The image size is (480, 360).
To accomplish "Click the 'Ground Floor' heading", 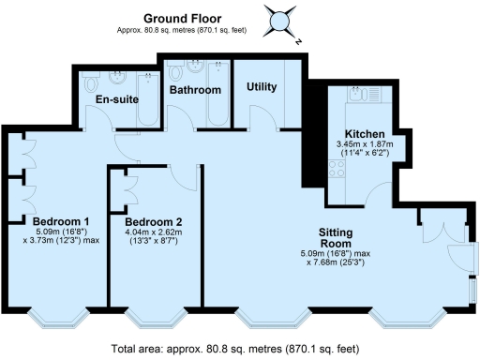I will point(181,17).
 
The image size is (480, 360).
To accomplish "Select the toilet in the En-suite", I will point(91,82).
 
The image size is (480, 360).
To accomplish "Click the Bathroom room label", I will point(195,90).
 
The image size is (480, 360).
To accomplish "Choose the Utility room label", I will point(262,87).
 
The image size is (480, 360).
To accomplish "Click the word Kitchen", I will point(363,133).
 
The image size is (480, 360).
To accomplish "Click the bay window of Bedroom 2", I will point(152,318).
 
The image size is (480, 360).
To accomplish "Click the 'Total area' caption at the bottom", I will point(234,349).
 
